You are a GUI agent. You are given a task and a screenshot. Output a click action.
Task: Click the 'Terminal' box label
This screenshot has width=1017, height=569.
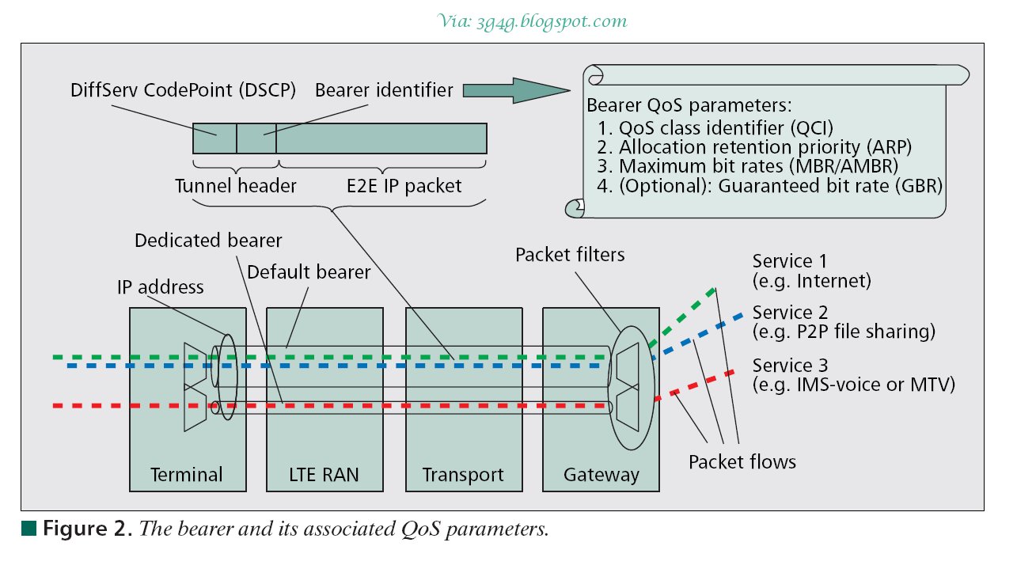187,475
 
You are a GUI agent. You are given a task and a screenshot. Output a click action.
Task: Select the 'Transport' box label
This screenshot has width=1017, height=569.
463,475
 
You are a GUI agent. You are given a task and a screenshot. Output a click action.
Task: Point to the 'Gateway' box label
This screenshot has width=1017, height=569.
601,475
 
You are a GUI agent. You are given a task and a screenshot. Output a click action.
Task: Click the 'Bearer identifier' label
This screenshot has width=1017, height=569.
384,90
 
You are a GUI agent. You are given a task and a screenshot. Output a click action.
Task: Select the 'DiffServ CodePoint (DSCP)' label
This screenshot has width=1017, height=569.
183,90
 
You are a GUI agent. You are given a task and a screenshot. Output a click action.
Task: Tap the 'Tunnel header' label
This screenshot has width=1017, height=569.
235,186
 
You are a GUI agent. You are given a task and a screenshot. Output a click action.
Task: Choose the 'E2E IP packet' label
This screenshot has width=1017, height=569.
404,186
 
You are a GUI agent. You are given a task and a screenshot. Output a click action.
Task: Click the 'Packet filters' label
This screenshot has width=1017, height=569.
570,255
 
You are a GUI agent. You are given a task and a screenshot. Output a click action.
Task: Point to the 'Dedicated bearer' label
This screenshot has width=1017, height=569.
208,240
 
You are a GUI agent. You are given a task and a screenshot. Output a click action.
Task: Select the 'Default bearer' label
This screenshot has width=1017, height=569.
309,272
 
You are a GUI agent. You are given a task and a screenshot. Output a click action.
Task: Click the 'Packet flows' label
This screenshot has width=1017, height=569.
742,461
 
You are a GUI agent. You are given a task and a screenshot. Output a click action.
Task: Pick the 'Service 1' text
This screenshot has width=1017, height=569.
782,261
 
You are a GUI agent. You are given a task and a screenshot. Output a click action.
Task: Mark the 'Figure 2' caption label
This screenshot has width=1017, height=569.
88,529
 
